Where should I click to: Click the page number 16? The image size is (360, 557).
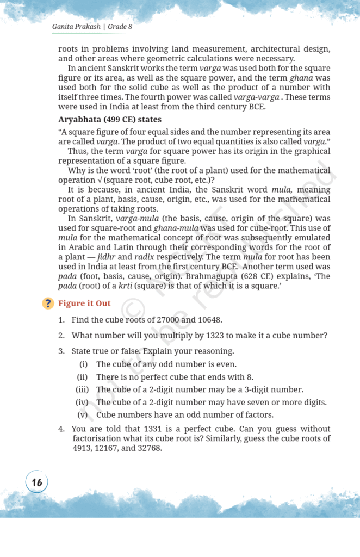coord(37,482)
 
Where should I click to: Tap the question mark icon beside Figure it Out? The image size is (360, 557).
coord(48,304)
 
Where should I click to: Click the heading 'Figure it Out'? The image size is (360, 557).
coord(84,304)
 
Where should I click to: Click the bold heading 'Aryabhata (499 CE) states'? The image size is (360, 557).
coord(110,119)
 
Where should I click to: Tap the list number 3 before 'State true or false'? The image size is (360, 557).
coord(61,351)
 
